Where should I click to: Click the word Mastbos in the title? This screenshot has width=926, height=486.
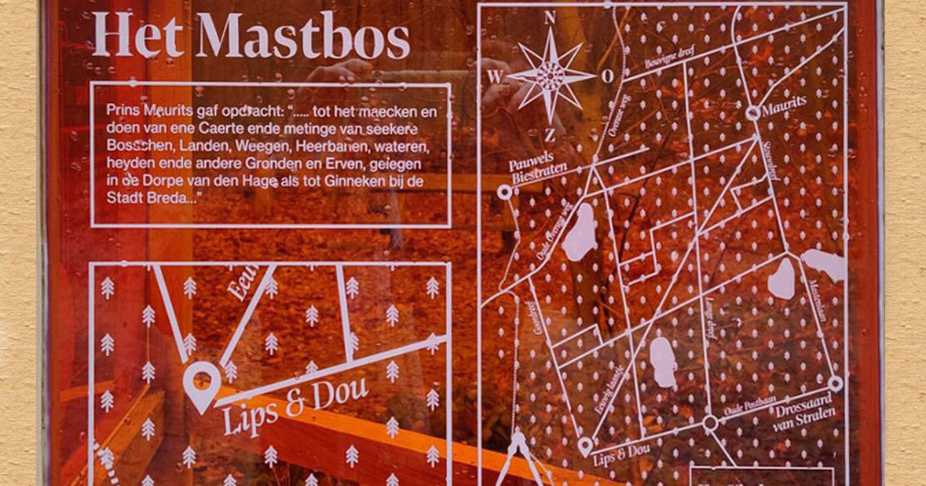(x=302, y=36)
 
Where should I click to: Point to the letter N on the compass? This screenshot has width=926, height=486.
(x=550, y=19)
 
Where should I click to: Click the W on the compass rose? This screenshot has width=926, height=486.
(x=494, y=76)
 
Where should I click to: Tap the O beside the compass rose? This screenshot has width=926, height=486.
(x=608, y=76)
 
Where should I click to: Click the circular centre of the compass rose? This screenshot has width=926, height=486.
(x=550, y=75)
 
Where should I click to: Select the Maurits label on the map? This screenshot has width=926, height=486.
(x=784, y=103)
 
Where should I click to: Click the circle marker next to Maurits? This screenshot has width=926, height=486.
(x=752, y=113)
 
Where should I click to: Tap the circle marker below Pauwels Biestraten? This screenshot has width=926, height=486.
(x=505, y=192)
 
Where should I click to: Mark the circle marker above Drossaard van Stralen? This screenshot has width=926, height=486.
(x=836, y=383)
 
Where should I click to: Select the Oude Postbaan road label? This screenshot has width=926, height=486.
(x=745, y=410)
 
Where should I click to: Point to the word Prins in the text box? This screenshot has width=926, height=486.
(x=122, y=111)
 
